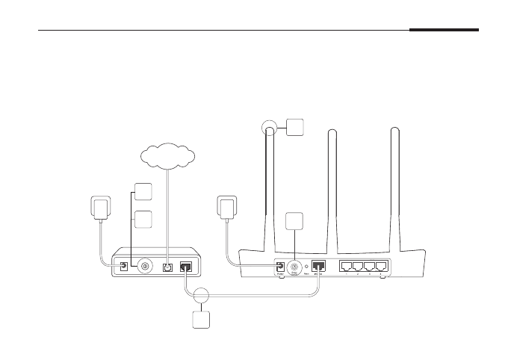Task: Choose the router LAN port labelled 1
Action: point(347,265)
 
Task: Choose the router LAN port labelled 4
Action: point(382,265)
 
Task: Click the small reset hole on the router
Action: point(309,266)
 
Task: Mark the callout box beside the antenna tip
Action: point(294,127)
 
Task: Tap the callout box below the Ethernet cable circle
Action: point(200,320)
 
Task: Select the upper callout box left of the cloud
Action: point(143,190)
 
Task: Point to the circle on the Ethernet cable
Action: point(200,294)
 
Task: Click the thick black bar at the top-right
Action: point(444,31)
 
